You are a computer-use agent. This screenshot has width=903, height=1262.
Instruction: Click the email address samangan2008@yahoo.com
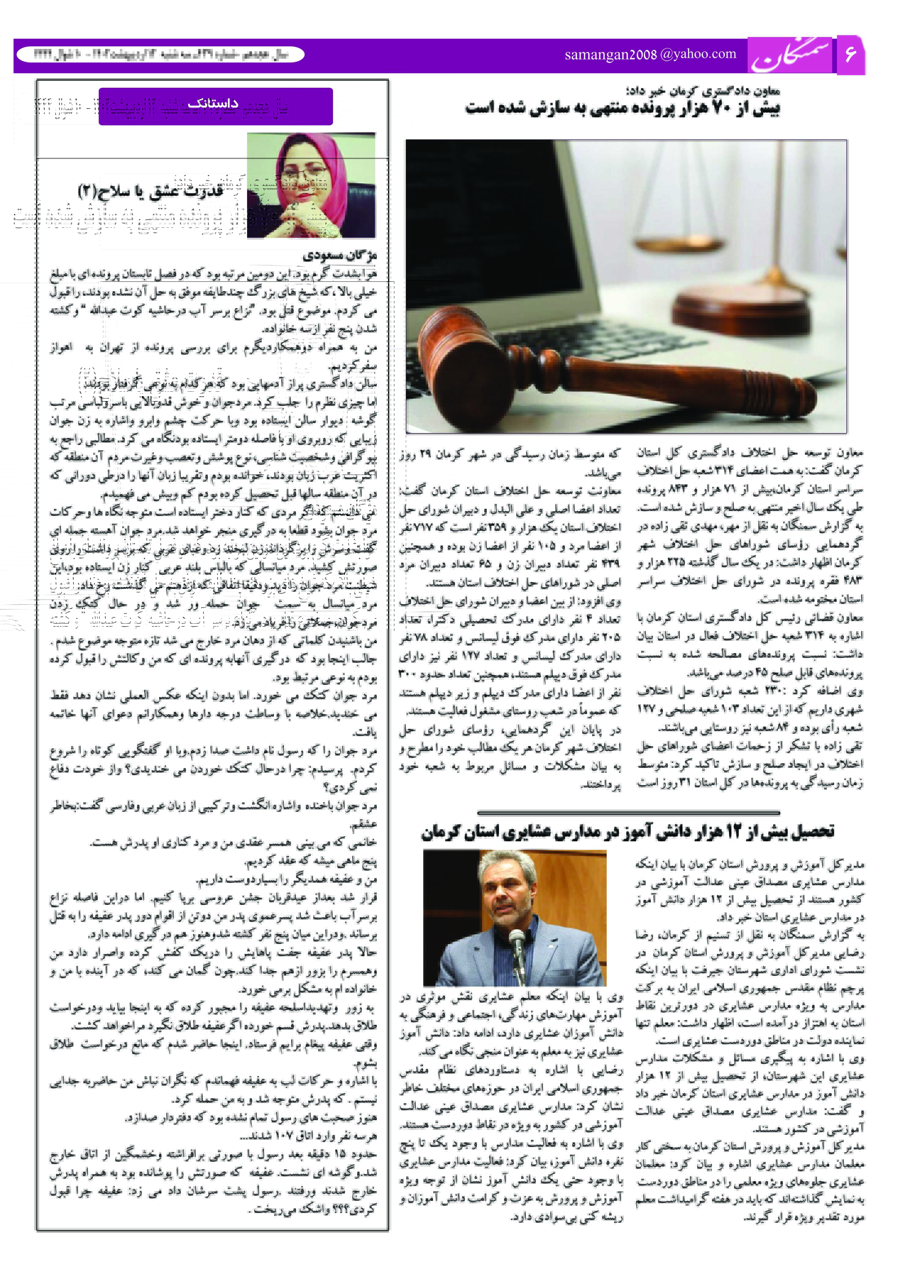pos(650,54)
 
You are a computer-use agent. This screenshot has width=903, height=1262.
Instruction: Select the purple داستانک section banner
pos(216,106)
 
